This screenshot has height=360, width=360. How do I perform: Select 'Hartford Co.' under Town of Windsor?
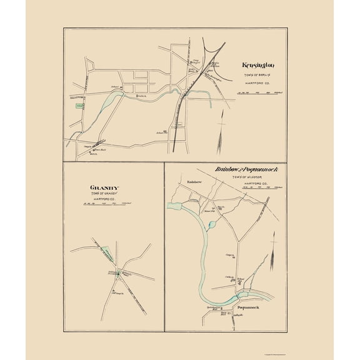click(x=247, y=183)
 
